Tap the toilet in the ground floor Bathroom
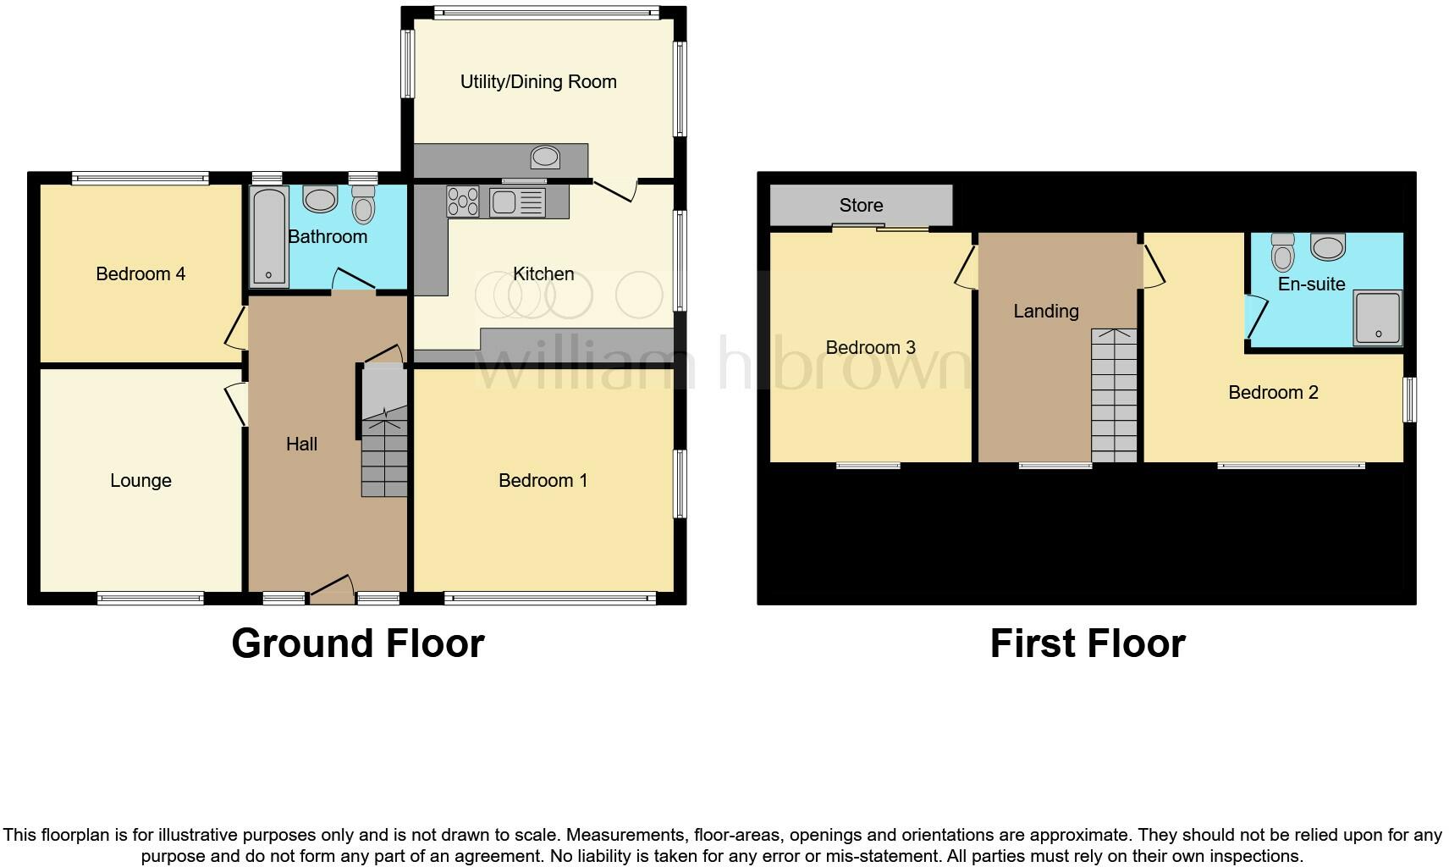(363, 204)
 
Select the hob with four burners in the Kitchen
(463, 202)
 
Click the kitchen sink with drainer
(517, 202)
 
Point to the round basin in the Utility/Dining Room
(545, 157)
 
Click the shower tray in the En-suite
(1378, 318)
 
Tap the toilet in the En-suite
(1283, 251)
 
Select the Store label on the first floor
(861, 206)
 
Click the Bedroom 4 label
(140, 274)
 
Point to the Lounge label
(140, 481)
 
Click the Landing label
(1046, 312)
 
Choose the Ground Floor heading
(357, 643)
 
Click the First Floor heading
(1088, 643)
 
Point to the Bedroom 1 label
(543, 481)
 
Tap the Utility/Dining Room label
(538, 82)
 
